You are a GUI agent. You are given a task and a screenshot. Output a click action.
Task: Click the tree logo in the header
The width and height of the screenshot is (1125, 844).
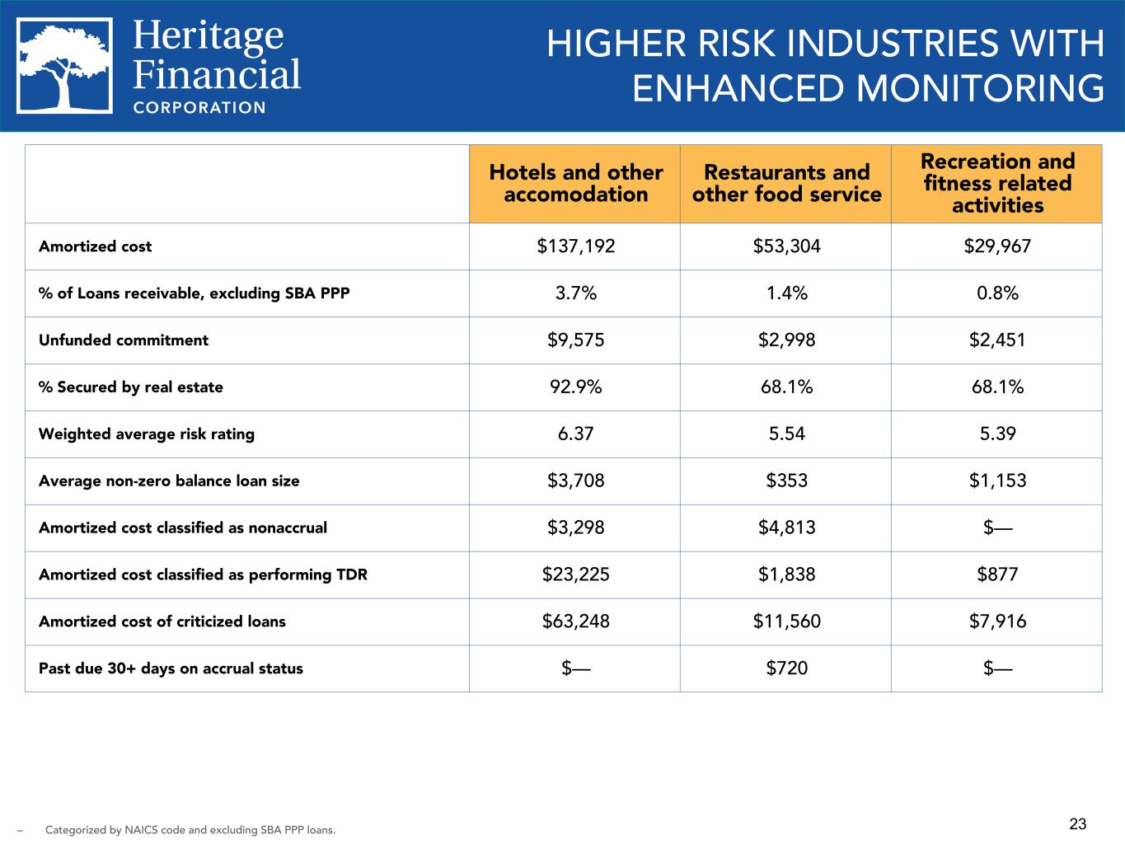(x=64, y=66)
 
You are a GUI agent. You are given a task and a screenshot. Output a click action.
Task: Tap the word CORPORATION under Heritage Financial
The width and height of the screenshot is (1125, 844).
(x=199, y=108)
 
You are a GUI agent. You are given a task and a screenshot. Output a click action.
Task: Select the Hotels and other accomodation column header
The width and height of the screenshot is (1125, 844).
(x=575, y=183)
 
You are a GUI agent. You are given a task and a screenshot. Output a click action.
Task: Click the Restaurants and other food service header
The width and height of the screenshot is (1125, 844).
(x=787, y=183)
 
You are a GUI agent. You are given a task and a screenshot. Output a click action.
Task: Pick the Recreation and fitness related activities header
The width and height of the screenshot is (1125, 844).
(x=997, y=183)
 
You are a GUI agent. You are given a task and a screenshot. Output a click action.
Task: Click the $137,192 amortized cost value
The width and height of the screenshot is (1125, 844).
(x=575, y=246)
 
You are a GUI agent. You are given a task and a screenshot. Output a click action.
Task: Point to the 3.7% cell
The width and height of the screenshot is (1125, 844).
(x=575, y=293)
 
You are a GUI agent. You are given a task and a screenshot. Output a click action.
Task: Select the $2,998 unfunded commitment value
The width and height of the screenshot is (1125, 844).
(x=787, y=340)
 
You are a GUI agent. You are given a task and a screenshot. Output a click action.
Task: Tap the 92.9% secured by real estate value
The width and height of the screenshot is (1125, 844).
(x=575, y=387)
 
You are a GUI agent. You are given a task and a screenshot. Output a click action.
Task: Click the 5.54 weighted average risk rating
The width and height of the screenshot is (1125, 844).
(x=787, y=434)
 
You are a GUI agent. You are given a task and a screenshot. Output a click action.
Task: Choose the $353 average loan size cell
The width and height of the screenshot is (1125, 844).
(x=787, y=481)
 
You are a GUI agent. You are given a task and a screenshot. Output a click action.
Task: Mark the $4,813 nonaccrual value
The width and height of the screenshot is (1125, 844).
(x=787, y=527)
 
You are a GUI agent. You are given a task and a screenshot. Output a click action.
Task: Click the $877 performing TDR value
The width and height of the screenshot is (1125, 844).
(x=997, y=574)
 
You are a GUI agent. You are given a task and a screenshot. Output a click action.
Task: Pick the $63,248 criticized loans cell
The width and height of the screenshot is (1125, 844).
(x=575, y=621)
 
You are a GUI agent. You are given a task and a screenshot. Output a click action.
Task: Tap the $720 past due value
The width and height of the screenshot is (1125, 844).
(x=787, y=668)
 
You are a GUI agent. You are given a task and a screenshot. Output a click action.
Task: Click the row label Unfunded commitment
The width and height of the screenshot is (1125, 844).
(x=124, y=340)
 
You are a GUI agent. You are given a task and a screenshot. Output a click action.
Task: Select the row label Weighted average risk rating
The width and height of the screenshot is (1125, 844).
(x=147, y=434)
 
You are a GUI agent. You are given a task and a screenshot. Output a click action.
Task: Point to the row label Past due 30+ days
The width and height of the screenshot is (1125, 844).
(x=171, y=668)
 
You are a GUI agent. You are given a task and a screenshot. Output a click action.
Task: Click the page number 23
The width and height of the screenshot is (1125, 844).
(x=1078, y=824)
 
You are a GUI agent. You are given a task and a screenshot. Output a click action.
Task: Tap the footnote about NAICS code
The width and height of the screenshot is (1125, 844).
(x=190, y=830)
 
